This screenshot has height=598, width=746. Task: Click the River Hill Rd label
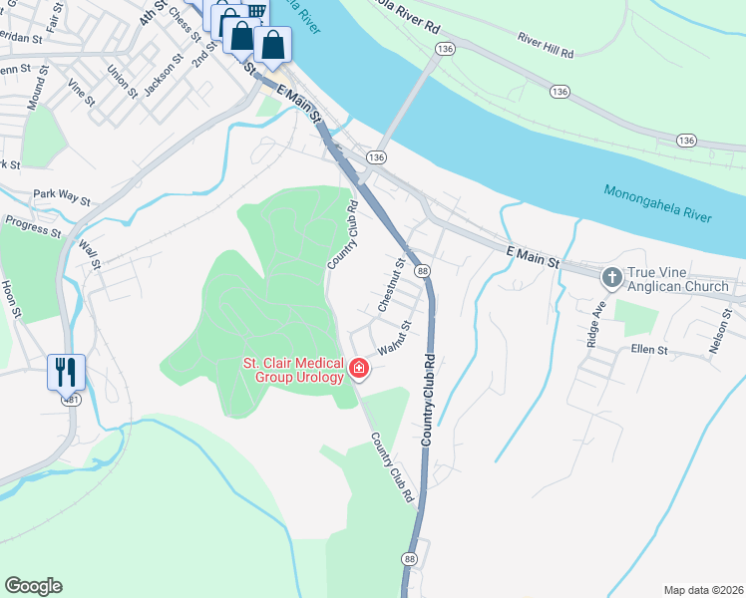pos(546,45)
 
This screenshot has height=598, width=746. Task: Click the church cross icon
pos(610,275)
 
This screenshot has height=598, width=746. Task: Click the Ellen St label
pos(649,350)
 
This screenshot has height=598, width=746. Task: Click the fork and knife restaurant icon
pos(66,372)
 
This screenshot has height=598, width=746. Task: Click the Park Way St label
pos(61,195)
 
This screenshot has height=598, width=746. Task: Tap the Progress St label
pos(32,228)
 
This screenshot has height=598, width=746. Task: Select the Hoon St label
pos(11,298)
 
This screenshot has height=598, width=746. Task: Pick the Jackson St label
pos(163,76)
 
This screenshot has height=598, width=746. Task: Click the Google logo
pos(33,586)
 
